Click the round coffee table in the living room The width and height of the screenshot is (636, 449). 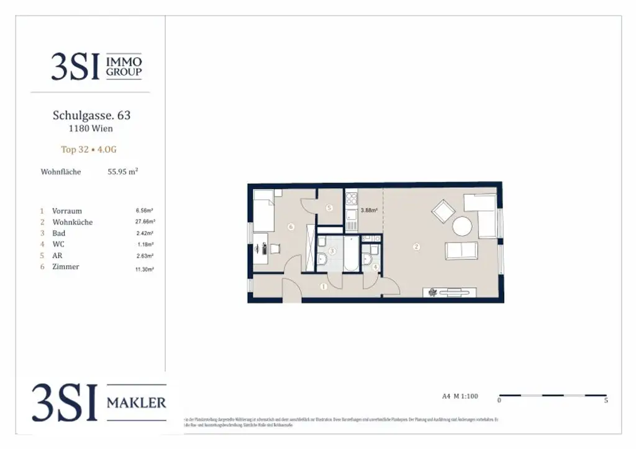(463, 226)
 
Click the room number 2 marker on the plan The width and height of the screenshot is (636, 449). (417, 247)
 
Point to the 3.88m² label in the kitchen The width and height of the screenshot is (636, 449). (369, 210)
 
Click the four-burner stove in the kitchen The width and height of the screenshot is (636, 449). (352, 199)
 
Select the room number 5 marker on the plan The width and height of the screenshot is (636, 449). (329, 208)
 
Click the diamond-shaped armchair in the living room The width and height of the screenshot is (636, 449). (443, 212)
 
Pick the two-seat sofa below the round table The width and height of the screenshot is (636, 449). (461, 251)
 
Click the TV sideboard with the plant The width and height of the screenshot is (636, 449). (450, 292)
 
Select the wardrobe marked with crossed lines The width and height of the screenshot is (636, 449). (311, 254)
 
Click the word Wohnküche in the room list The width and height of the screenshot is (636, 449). (73, 222)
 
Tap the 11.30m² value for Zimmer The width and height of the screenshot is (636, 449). (145, 270)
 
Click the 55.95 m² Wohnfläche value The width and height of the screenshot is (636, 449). (123, 172)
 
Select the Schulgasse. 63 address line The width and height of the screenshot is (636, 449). (91, 115)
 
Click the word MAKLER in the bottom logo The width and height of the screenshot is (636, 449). (137, 403)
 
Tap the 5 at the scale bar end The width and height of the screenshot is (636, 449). (606, 401)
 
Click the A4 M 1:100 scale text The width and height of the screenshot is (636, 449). (460, 396)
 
